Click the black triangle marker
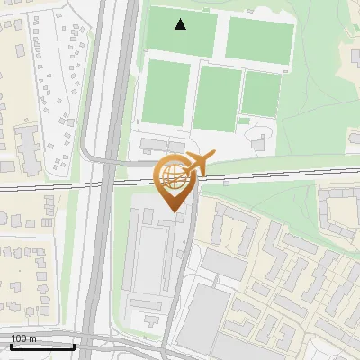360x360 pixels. click(181, 24)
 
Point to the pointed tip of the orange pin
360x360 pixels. click(175, 211)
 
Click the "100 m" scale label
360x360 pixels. click(23, 337)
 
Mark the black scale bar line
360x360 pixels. click(42, 346)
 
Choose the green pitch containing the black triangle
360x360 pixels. click(181, 31)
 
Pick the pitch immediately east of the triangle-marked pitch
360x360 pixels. click(259, 37)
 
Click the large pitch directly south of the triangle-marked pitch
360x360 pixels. click(166, 94)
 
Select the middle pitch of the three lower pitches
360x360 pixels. click(219, 98)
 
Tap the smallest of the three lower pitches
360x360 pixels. click(262, 93)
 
